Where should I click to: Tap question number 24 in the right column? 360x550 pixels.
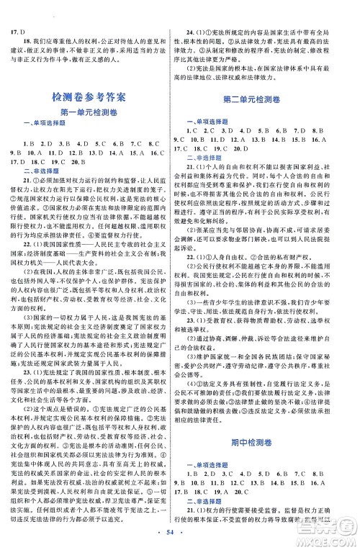pyautogui.click(x=189, y=13)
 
